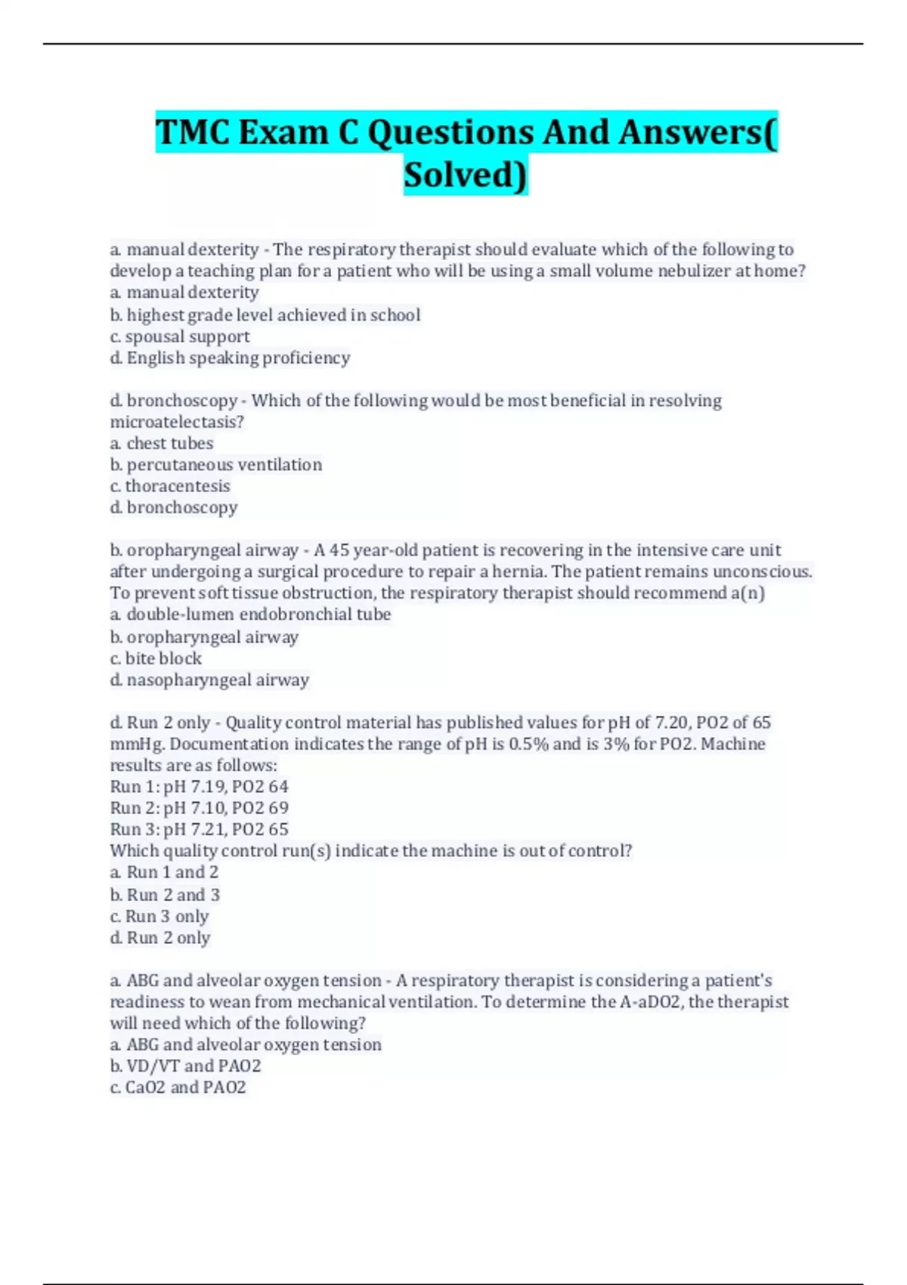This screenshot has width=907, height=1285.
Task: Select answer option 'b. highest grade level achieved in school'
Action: point(265,314)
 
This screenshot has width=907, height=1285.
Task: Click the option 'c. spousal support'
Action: point(180,336)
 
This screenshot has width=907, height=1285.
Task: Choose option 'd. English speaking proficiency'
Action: point(230,358)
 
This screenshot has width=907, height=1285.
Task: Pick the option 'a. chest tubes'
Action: point(162,443)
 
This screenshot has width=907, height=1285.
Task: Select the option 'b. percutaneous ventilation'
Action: point(216,464)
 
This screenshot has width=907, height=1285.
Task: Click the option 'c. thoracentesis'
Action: point(170,486)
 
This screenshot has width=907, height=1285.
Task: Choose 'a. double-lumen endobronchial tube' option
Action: point(250,615)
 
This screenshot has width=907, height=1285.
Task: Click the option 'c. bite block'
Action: point(156,658)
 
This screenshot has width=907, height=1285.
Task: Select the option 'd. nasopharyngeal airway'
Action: point(209,680)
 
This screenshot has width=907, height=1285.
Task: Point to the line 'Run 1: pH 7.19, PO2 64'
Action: point(200,787)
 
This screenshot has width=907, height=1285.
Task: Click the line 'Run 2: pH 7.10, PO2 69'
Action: point(200,808)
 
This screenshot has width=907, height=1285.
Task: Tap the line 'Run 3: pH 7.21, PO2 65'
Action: point(200,829)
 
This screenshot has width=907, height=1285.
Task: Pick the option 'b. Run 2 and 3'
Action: point(165,895)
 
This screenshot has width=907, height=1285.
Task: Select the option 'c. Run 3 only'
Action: point(159,916)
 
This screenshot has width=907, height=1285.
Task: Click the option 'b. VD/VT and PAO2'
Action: point(185,1066)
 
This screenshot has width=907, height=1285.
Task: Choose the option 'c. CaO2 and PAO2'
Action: point(178,1087)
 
